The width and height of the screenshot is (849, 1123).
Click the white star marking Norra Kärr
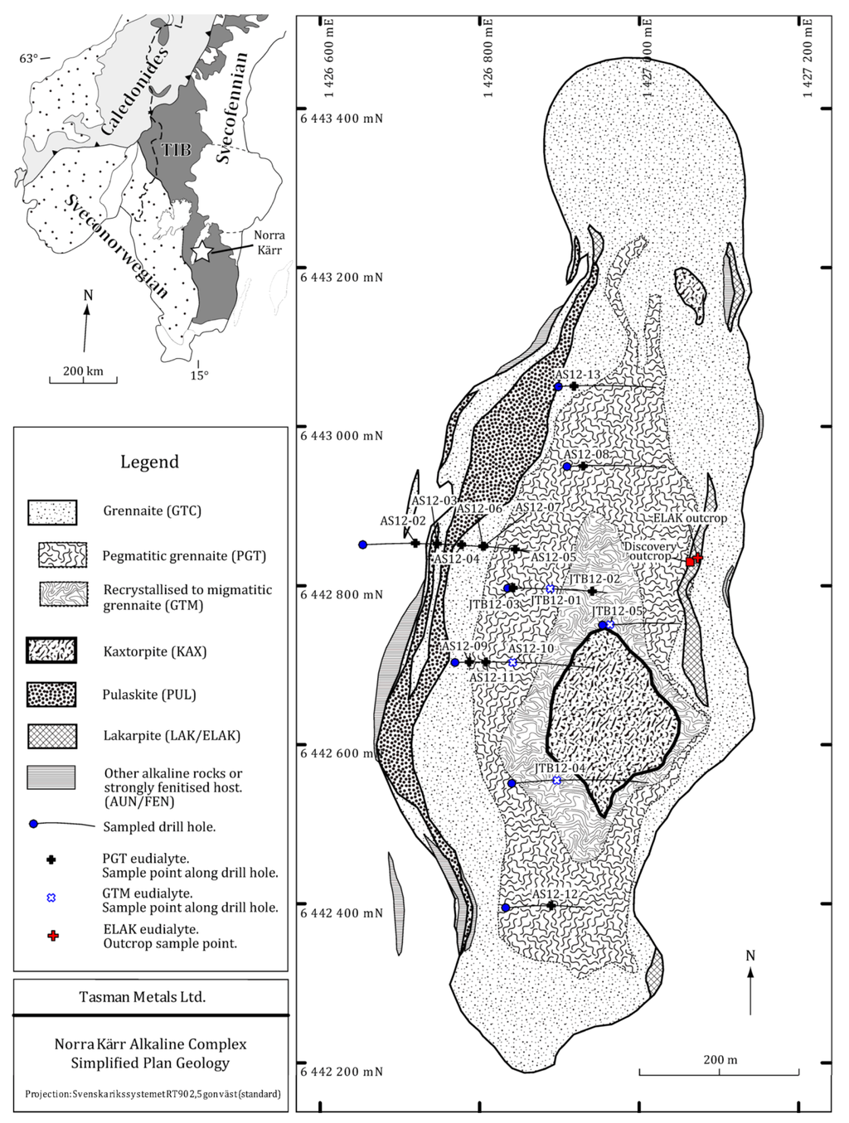tap(201, 250)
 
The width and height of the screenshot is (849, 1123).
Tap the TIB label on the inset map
tap(175, 149)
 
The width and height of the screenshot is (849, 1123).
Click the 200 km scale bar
tap(83, 380)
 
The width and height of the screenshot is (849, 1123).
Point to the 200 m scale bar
tap(719, 1073)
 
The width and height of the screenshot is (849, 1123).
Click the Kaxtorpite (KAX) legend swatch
tap(51, 651)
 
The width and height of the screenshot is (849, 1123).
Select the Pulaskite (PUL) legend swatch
tap(51, 695)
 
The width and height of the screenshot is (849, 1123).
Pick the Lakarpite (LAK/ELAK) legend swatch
tap(51, 735)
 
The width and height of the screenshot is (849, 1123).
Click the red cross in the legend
tap(52, 936)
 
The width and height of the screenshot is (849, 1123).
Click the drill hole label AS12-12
tap(555, 894)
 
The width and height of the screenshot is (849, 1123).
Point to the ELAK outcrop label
tap(690, 518)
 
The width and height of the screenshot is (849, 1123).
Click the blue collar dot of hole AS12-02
tap(362, 545)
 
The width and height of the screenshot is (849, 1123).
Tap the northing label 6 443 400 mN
tap(342, 119)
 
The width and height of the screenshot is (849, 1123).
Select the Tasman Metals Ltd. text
tap(142, 997)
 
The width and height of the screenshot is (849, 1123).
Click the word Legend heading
tap(149, 462)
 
